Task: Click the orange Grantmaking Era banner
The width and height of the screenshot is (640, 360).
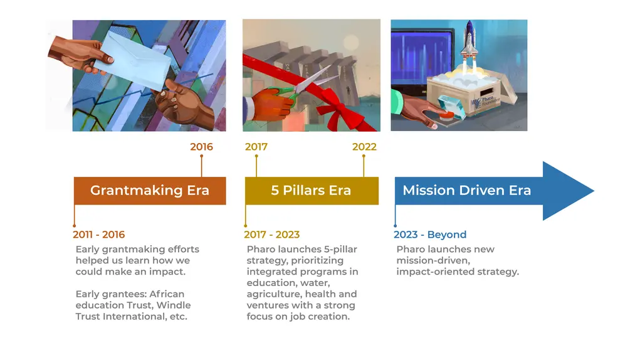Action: click(149, 191)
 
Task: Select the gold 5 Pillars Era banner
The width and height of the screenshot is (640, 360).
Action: click(311, 191)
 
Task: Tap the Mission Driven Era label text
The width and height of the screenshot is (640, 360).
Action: click(466, 191)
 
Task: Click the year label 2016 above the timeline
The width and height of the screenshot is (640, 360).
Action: click(201, 147)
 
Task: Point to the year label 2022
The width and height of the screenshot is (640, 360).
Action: click(364, 147)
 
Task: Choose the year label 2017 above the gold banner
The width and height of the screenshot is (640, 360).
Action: click(256, 147)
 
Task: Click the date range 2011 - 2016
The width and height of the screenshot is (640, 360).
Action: click(98, 235)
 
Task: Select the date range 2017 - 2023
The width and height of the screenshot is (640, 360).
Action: click(271, 235)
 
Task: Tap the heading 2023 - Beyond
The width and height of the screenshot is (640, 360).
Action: click(430, 235)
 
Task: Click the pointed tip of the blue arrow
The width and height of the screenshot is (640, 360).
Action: click(592, 191)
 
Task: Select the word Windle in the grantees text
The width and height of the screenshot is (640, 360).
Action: click(174, 305)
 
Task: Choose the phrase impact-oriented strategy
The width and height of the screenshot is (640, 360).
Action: click(458, 272)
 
